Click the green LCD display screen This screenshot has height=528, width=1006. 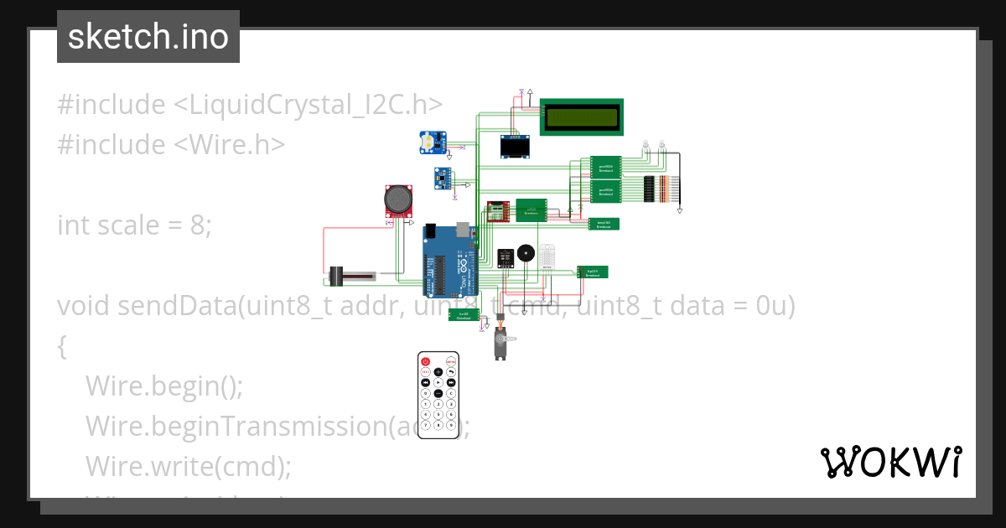pos(582,117)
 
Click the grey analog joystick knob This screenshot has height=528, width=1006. pos(397,199)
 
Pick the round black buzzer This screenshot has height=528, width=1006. pos(526,252)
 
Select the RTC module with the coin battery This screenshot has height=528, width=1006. pos(433,142)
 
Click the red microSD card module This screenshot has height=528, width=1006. pos(500,211)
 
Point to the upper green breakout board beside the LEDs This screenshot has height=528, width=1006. pos(604,166)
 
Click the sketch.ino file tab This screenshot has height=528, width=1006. pos(148,37)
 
